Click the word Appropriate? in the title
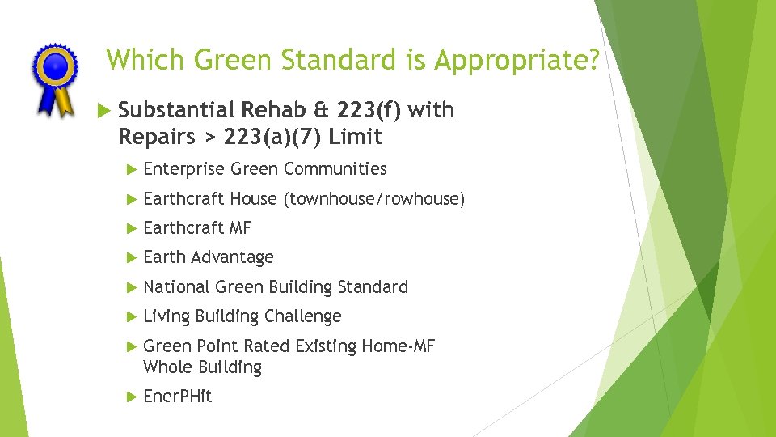(x=517, y=59)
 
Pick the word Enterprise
(x=183, y=169)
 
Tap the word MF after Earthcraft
(x=240, y=228)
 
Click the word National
(x=176, y=287)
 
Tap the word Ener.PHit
(x=177, y=397)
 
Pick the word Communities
(x=335, y=169)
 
